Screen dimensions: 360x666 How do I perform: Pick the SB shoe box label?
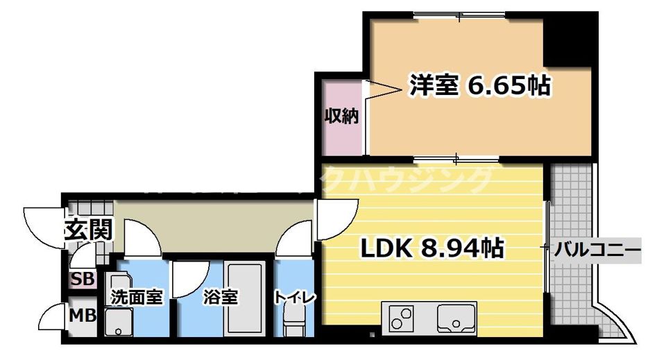point(83,280)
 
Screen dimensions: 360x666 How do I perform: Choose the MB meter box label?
point(83,316)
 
